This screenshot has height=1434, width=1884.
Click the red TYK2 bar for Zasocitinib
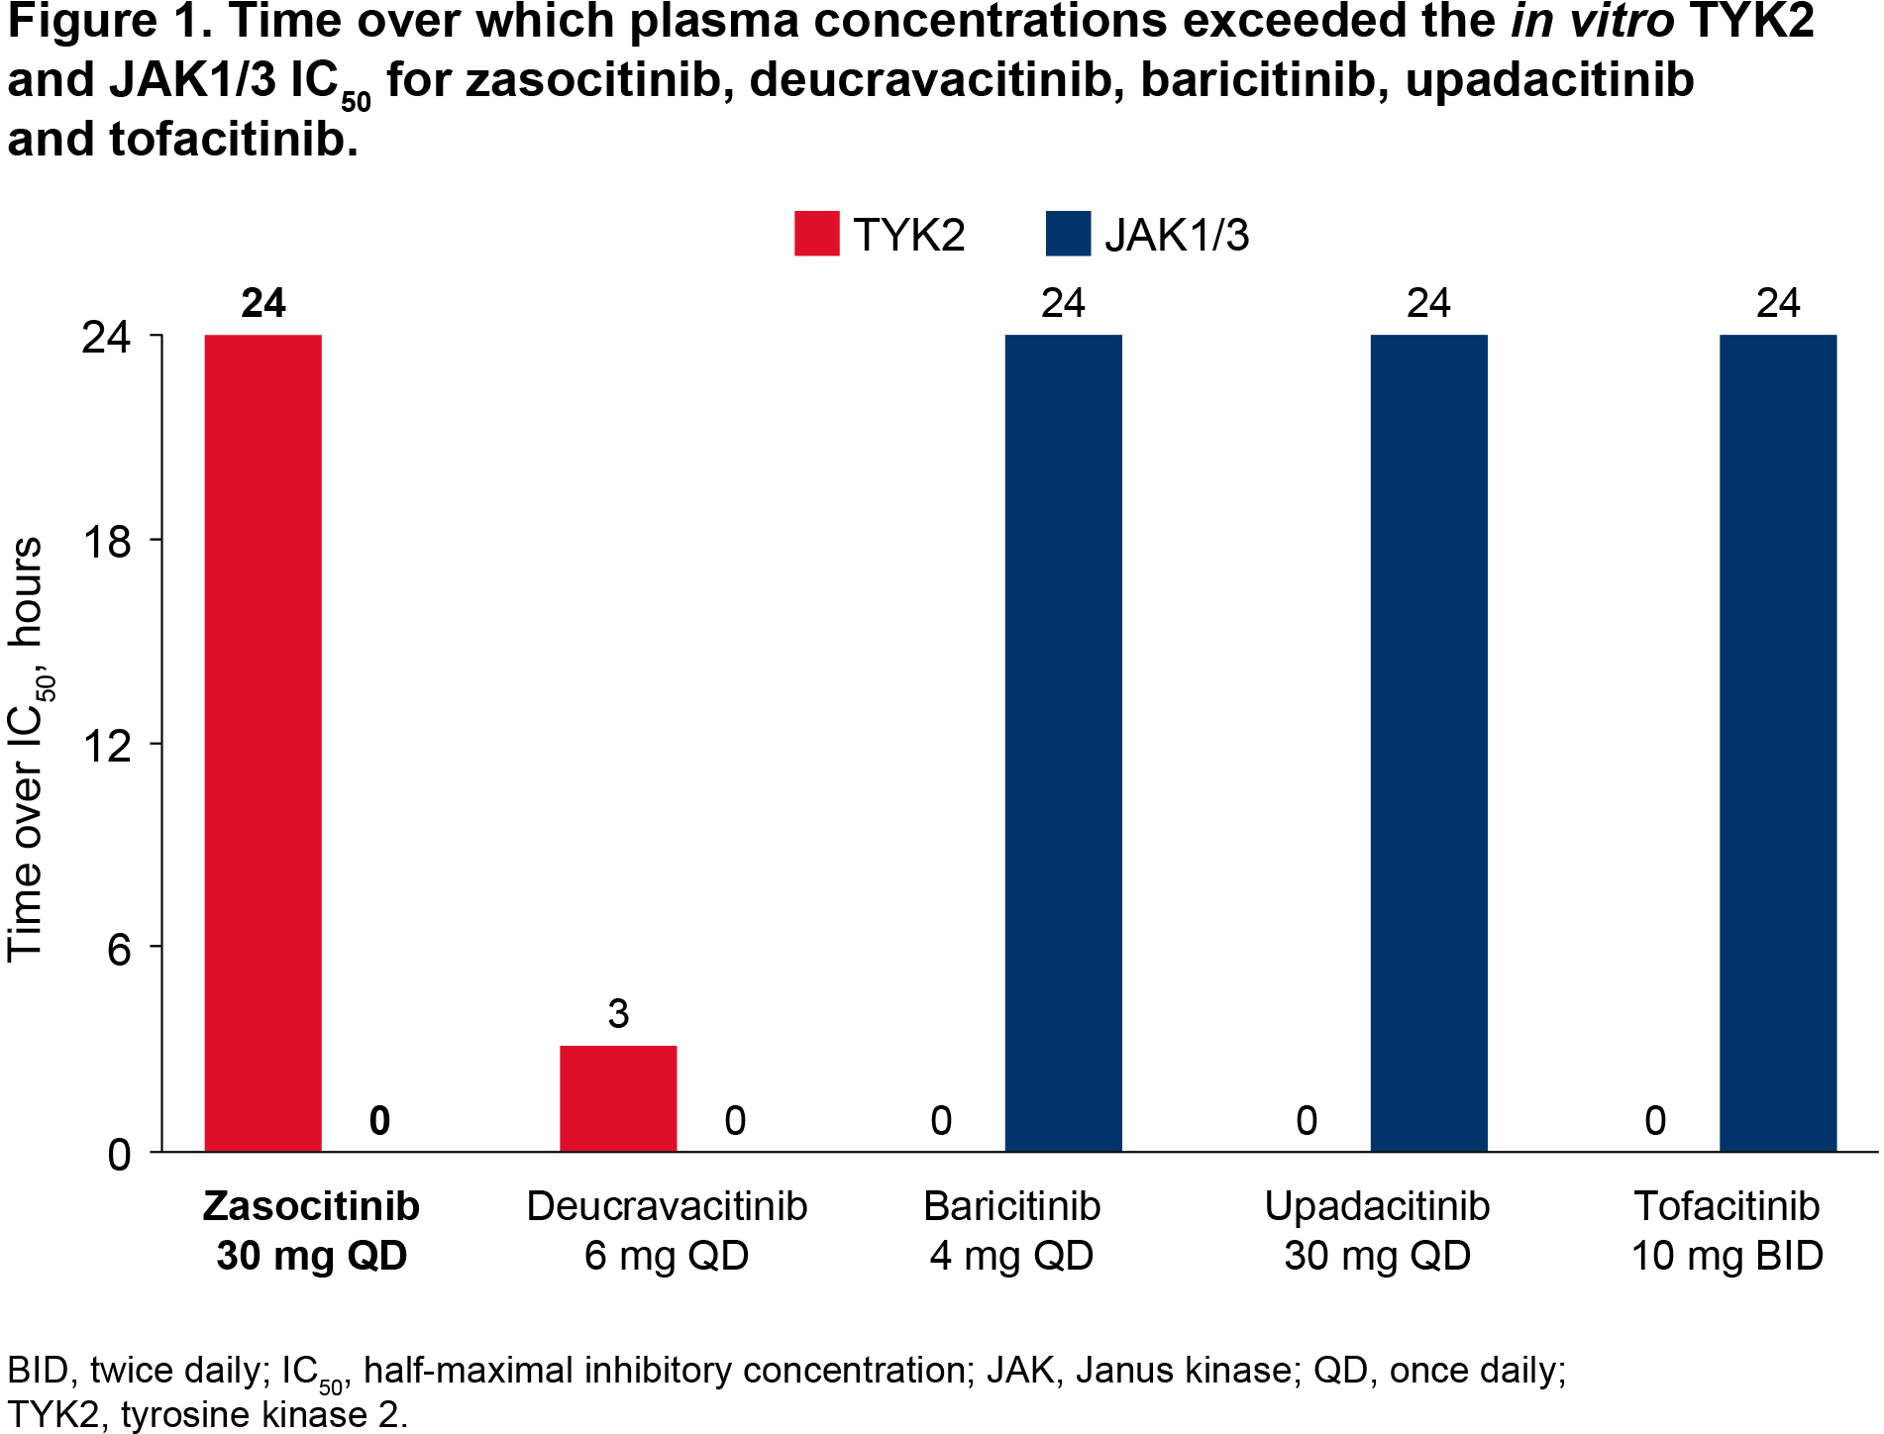click(262, 743)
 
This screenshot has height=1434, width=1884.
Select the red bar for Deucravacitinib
click(618, 1098)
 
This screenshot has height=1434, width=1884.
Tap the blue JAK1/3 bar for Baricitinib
click(1063, 743)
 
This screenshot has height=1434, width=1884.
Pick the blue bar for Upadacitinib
click(1428, 743)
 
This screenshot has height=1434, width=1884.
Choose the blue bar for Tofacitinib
click(1778, 743)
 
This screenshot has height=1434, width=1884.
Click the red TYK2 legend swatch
click(816, 235)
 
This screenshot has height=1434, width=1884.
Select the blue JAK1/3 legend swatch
click(1068, 235)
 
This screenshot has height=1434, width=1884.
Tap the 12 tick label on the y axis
click(106, 745)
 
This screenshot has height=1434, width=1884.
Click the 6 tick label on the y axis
click(118, 949)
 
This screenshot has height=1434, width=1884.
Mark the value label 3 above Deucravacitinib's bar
click(618, 1013)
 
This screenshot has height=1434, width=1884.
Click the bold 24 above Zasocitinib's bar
click(262, 303)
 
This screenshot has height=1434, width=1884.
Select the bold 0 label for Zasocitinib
click(379, 1120)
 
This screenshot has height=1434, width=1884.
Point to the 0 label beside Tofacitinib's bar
click(1655, 1120)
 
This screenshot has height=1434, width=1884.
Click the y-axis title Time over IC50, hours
click(28, 749)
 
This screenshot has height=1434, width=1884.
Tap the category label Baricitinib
click(1011, 1206)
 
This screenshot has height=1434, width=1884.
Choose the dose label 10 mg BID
click(1727, 1256)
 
